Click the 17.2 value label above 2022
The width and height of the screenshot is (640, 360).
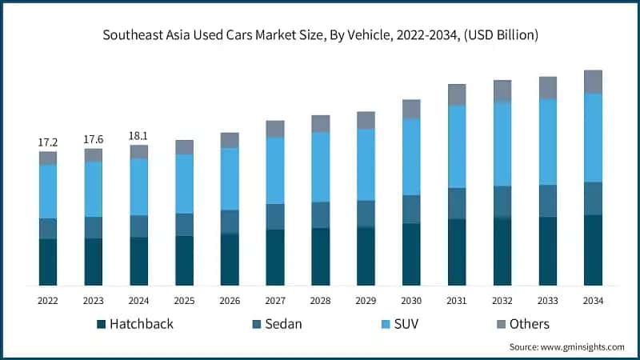48,142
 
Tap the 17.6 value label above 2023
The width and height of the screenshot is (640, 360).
94,139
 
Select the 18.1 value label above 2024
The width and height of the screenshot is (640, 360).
139,136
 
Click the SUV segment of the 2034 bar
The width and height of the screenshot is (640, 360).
593,138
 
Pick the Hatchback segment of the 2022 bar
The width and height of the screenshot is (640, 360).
48,262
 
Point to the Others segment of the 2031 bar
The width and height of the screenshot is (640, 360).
457,94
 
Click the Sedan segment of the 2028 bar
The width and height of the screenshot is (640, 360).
321,214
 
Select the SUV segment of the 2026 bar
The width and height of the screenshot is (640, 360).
230,179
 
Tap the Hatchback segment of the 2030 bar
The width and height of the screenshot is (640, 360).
411,254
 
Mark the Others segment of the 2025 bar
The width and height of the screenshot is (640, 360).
185,147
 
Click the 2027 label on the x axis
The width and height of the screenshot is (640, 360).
275,301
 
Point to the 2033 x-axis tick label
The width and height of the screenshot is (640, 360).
547,301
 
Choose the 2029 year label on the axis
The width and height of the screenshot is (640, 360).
366,301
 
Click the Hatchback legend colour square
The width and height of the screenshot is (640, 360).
102,324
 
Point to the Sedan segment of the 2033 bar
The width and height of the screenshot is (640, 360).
547,201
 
